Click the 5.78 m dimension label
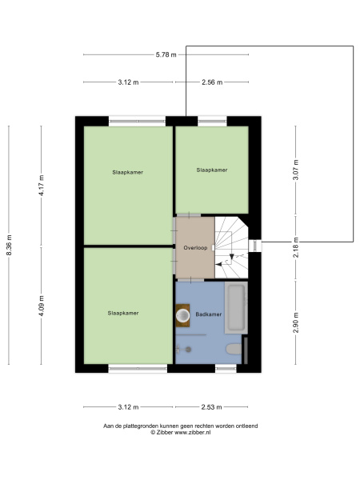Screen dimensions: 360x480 point(166,54)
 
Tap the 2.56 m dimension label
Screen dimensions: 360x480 point(212,82)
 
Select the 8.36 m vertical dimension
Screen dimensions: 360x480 point(9,245)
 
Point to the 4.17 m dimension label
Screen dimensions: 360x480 point(42,185)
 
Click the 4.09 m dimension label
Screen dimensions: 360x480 point(42,306)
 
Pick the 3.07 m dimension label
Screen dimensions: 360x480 point(296,170)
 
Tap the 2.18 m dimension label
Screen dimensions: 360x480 point(296,247)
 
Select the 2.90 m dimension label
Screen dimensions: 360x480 point(296,322)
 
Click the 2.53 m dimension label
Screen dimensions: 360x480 point(211,407)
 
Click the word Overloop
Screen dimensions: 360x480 point(195,248)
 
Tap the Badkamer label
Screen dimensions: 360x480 point(209,314)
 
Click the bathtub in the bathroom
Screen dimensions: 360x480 point(236,308)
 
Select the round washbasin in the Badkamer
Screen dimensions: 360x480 point(183,315)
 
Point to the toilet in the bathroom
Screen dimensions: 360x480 point(234,349)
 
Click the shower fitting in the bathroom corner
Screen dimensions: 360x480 point(184,349)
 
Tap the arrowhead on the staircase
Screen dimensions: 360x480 point(232,257)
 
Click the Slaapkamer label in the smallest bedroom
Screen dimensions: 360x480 point(212,170)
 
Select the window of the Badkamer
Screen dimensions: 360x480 point(226,368)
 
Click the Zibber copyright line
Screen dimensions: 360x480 point(180,433)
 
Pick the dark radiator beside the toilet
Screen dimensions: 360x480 point(246,350)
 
